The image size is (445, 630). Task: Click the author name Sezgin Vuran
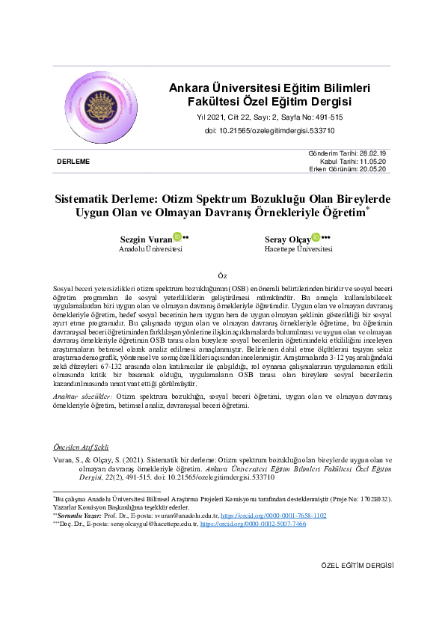pos(146,239)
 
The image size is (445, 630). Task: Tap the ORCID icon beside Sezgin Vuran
pos(177,237)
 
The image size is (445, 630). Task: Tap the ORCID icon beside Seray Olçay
pos(316,237)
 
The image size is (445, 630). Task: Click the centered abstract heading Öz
pos(221,275)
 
